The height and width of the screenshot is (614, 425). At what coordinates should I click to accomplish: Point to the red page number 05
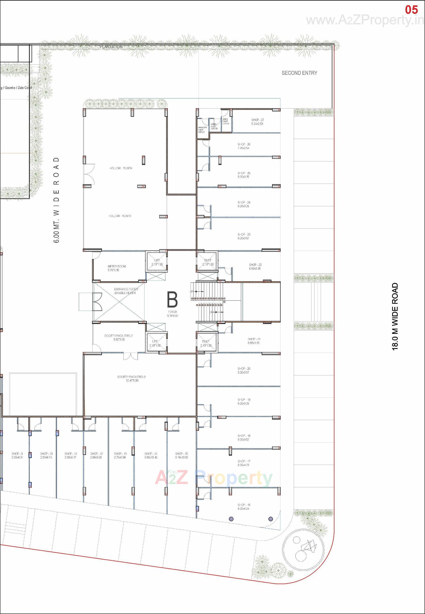coord(411,10)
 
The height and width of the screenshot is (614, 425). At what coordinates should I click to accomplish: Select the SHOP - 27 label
coord(257,120)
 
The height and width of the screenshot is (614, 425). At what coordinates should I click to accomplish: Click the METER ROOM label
coord(117,266)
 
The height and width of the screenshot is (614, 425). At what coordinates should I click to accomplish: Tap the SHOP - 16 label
coord(244,505)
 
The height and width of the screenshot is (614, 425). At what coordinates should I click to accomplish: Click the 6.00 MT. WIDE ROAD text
coord(57,200)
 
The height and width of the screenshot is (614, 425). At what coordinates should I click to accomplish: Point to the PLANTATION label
coord(111,47)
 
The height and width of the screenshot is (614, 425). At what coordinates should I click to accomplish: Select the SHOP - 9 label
coord(17,454)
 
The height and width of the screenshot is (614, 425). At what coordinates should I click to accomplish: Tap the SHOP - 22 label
coord(255,265)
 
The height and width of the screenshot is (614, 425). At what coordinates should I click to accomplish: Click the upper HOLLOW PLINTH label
coord(121,168)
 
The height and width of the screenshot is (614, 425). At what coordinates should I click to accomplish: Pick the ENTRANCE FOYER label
coord(126,289)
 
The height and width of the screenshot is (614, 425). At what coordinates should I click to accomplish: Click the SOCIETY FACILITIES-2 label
coord(118,336)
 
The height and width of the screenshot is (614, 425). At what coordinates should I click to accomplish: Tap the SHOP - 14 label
coord(151,454)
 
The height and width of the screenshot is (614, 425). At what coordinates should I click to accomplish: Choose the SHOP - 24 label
coord(244,202)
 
